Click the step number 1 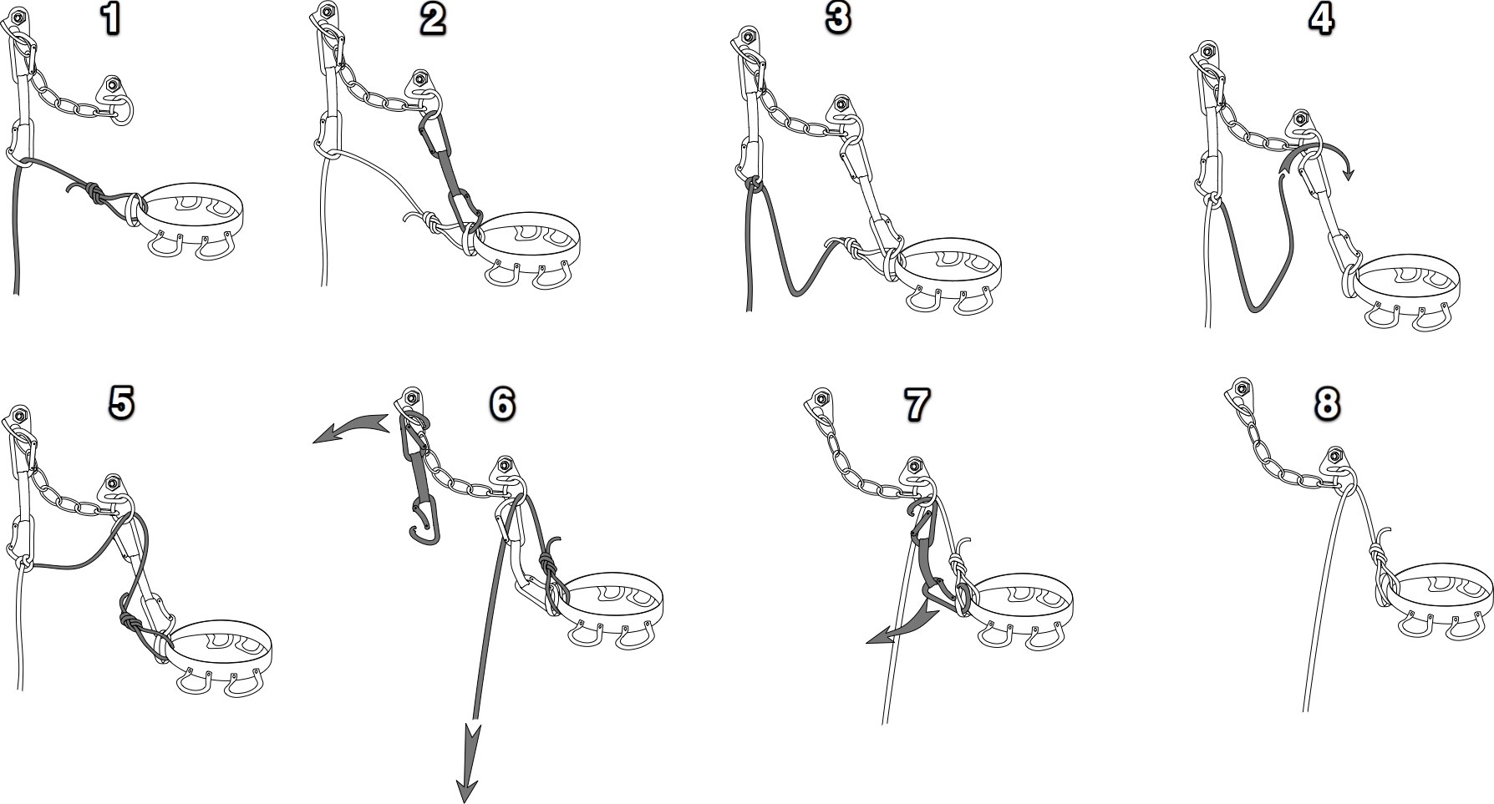pyautogui.click(x=109, y=19)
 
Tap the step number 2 pyautogui.click(x=432, y=19)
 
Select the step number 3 pyautogui.click(x=837, y=19)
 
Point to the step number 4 pyautogui.click(x=1321, y=19)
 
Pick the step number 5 pyautogui.click(x=120, y=402)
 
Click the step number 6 pyautogui.click(x=501, y=403)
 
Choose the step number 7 pyautogui.click(x=917, y=404)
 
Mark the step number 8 pyautogui.click(x=1326, y=403)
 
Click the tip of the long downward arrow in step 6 pyautogui.click(x=466, y=801)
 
